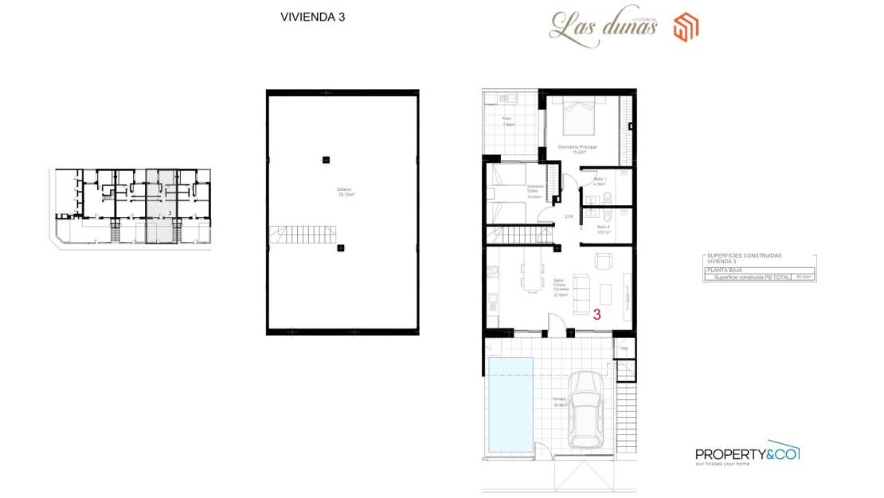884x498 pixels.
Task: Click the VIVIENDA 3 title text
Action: (312, 17)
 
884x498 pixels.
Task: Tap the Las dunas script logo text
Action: (603, 25)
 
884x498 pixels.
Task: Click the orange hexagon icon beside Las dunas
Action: (686, 27)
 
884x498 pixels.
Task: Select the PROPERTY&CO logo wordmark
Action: (747, 454)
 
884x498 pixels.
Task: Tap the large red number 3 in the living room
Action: (597, 314)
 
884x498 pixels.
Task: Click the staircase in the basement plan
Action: (288, 235)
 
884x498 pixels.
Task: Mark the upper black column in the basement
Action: (326, 160)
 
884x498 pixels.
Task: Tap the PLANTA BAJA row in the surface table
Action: (759, 270)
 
